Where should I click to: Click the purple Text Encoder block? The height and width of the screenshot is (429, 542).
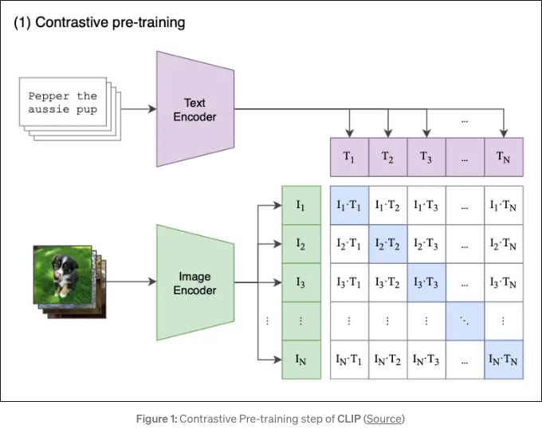tap(195, 109)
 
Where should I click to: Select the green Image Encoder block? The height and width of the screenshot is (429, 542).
tap(195, 283)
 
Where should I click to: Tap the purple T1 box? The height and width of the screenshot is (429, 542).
tap(349, 157)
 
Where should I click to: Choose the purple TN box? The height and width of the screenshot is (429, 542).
tap(504, 157)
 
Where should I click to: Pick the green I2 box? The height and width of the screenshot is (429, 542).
tap(301, 244)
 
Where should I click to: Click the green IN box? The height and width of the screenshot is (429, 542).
tap(301, 360)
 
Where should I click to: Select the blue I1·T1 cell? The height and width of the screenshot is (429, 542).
tap(349, 206)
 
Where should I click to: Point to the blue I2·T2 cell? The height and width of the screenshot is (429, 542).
tap(388, 244)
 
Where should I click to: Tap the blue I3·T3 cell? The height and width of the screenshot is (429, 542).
tap(426, 283)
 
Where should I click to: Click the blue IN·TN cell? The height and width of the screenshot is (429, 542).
tap(504, 360)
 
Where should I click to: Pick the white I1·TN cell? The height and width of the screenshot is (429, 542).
tap(504, 206)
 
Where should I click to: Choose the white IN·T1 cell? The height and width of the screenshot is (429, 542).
tap(349, 360)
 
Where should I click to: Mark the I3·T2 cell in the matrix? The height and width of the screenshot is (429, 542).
tap(388, 283)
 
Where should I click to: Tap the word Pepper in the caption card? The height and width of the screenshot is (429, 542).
tap(49, 96)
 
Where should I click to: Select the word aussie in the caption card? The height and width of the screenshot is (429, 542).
tap(49, 109)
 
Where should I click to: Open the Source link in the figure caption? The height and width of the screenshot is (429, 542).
tap(383, 419)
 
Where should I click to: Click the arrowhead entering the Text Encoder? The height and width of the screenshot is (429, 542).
tap(152, 109)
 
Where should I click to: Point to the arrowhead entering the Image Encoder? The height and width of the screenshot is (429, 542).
tap(152, 281)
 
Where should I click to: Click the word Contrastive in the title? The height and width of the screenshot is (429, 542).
tap(72, 22)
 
